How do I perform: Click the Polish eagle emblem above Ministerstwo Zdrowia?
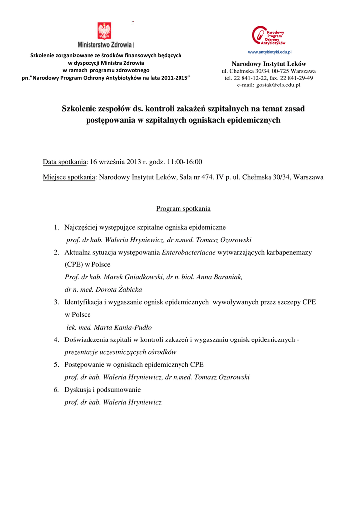[x=104, y=31]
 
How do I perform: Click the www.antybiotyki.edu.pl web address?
[x=269, y=52]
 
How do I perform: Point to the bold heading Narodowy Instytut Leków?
[x=269, y=64]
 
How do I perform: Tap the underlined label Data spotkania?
[x=65, y=162]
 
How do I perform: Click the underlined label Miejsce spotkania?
[x=70, y=177]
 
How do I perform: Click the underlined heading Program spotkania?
[x=183, y=209]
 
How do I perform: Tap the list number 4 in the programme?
[x=57, y=340]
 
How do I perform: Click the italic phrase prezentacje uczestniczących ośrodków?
[x=121, y=352]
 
